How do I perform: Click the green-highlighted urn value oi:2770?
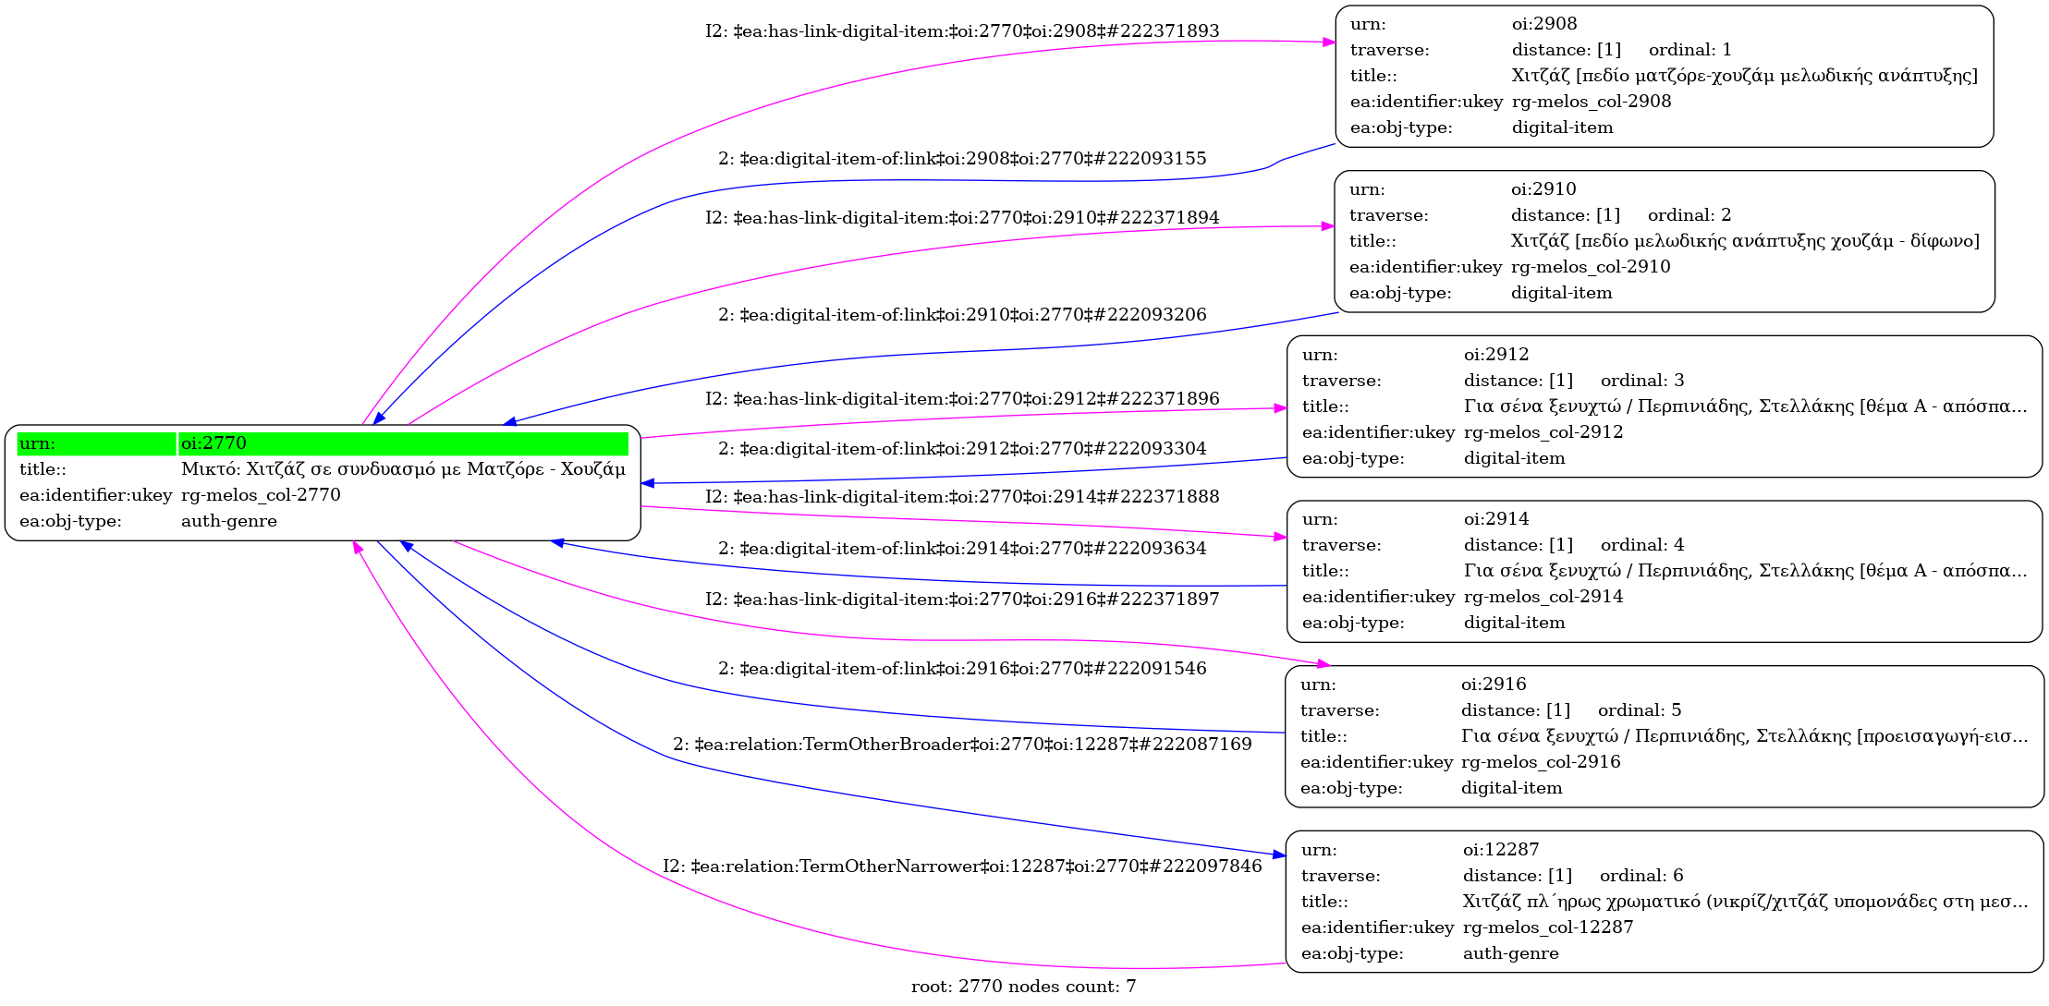click(x=213, y=443)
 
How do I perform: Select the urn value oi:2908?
click(x=1544, y=24)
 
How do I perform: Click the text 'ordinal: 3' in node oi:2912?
click(x=1642, y=381)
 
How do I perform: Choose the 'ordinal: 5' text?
click(x=1640, y=710)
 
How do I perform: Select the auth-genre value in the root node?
click(x=229, y=521)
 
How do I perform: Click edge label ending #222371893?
click(x=962, y=31)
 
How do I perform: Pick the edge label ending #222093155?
click(x=962, y=159)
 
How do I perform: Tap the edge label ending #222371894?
click(x=962, y=218)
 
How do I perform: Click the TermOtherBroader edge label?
click(x=962, y=745)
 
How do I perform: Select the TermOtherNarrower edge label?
click(x=962, y=867)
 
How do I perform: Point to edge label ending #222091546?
click(x=962, y=669)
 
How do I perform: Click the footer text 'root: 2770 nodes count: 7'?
click(x=1023, y=987)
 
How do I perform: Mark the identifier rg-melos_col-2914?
click(x=1543, y=597)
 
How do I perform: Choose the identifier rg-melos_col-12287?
click(x=1548, y=927)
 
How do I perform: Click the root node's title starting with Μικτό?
click(x=403, y=469)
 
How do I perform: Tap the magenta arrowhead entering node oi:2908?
click(x=1329, y=42)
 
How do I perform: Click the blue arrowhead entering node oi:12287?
click(x=1279, y=855)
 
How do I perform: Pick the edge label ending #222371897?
click(x=962, y=600)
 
